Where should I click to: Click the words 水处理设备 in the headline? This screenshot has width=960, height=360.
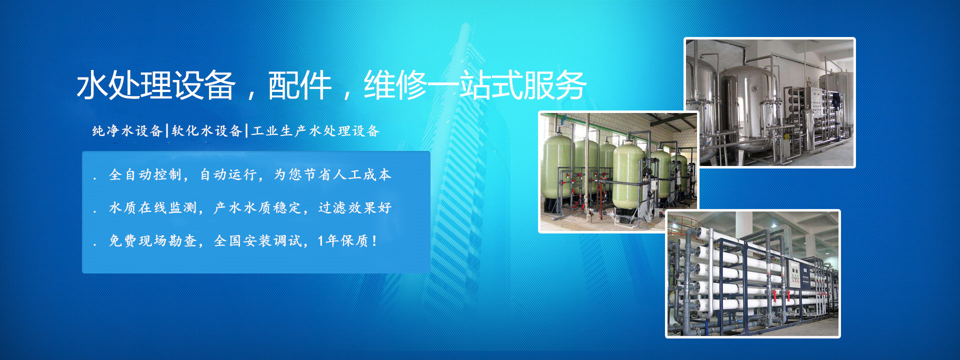(x=156, y=85)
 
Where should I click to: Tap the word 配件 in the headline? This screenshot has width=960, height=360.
(x=299, y=85)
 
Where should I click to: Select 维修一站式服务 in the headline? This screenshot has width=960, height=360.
(x=475, y=85)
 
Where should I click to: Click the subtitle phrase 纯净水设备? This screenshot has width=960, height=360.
(x=127, y=131)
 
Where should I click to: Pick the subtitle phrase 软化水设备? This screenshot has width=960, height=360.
(x=206, y=131)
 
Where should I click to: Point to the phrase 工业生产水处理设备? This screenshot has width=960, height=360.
(x=315, y=131)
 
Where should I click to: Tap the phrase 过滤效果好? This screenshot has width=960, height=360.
(x=355, y=207)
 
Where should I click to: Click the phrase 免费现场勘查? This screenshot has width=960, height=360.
(x=152, y=241)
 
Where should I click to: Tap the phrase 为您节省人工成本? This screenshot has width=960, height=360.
(x=332, y=174)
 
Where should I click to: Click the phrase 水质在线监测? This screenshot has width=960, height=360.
(x=152, y=207)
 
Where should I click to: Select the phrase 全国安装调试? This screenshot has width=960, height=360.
(x=258, y=241)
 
